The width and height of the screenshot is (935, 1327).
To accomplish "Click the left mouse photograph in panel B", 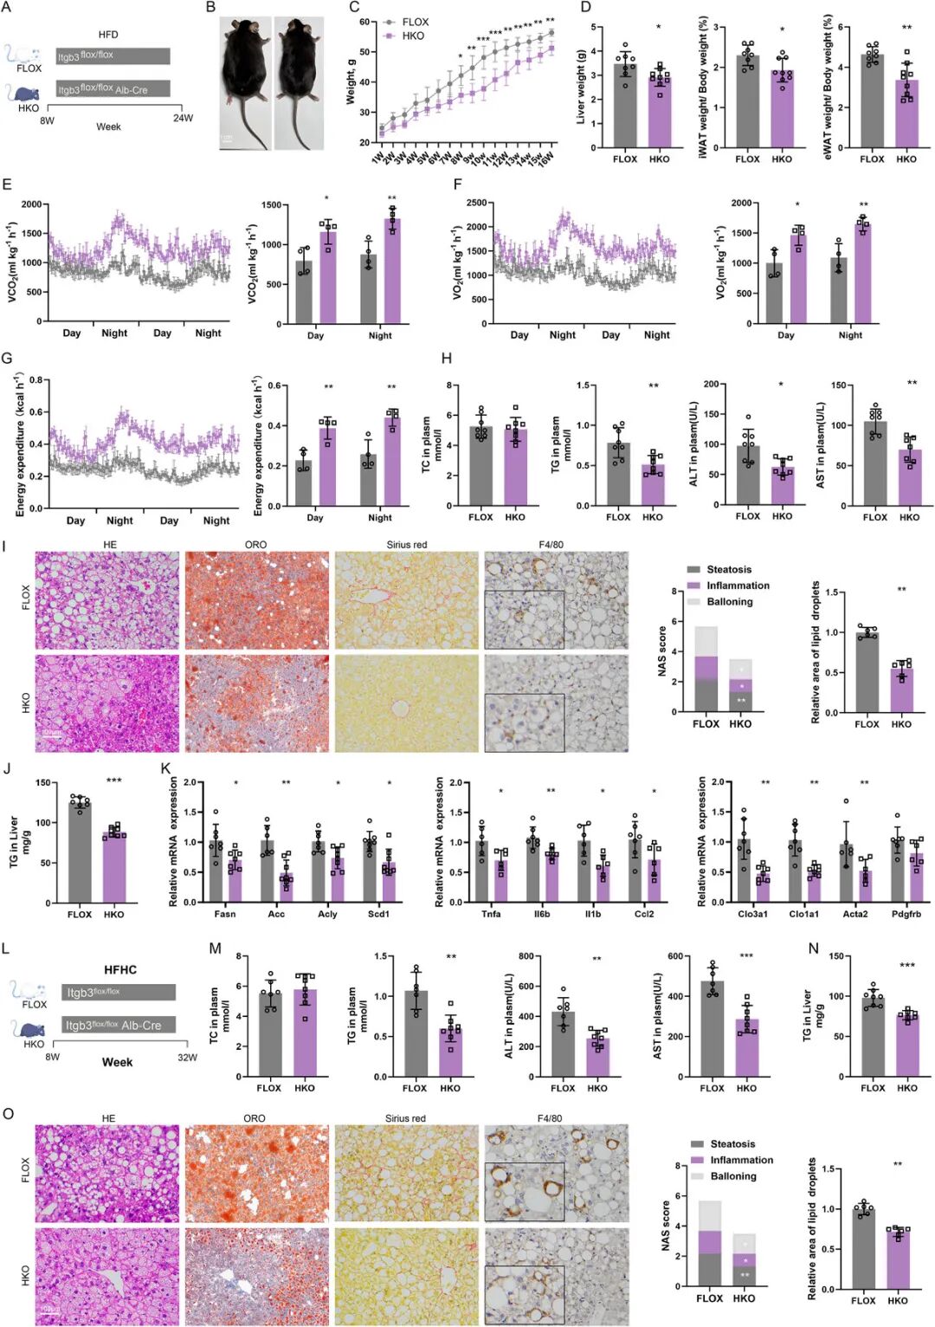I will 245,82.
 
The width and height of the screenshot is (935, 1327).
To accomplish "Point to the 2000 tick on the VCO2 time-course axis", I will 31,204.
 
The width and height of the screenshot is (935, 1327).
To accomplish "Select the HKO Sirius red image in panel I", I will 406,703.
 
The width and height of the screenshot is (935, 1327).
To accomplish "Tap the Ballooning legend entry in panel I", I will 729,602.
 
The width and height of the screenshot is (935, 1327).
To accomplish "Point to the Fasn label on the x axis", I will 224,914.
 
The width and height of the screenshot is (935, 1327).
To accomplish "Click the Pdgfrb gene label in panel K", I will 906,914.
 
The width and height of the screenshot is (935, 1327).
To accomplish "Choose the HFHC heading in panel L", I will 120,969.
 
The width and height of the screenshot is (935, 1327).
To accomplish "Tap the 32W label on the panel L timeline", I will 187,1057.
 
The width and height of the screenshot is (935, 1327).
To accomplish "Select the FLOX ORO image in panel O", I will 256,1172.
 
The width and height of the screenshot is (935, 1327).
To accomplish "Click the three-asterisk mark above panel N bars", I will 906,965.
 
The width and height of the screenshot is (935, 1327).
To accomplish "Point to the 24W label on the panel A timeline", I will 183,119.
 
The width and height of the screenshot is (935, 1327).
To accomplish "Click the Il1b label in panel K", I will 592,914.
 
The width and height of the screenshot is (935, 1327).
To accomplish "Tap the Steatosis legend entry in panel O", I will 732,1144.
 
